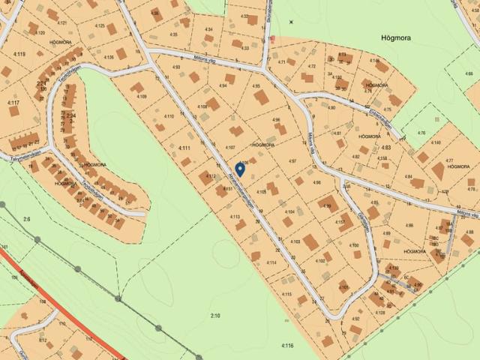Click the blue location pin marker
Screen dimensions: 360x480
240,169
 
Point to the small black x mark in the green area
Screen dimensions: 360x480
292,22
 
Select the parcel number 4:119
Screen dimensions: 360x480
19,54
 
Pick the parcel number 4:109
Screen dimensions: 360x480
142,97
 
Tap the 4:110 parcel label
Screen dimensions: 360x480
169,116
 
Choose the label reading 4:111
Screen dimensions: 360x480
184,148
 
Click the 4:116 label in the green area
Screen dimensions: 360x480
287,345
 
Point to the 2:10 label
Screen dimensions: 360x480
216,316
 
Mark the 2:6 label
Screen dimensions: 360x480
28,218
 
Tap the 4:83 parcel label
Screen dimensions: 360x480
386,148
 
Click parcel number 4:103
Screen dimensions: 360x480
295,241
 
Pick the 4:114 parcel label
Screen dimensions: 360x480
272,262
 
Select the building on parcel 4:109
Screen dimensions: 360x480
145,85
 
